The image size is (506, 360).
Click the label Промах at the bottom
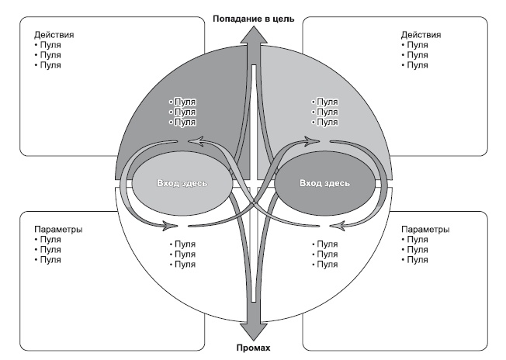[253, 347]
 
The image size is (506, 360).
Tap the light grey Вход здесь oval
[182, 183]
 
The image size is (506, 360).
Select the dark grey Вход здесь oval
[324, 183]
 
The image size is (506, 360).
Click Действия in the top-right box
[421, 35]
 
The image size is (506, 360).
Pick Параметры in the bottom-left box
[58, 230]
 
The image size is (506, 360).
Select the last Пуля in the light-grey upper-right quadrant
[327, 123]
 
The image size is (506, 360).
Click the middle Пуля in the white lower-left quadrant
[185, 254]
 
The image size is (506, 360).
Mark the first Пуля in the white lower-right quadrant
[327, 244]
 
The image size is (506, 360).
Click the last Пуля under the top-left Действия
[50, 65]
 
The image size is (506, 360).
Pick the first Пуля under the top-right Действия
[417, 45]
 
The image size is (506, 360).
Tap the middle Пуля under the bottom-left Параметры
[50, 250]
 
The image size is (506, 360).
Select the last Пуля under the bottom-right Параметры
[417, 260]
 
